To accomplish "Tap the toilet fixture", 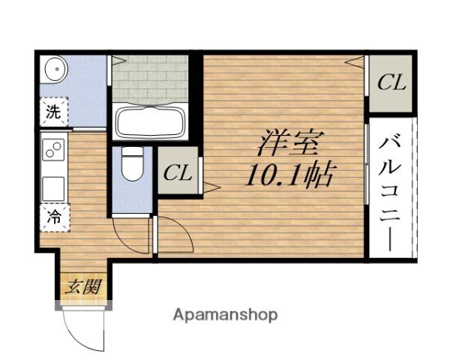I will pos(132,166).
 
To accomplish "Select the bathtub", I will pos(150,121).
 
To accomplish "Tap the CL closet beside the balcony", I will pos(391,82).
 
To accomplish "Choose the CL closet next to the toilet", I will pos(178,171).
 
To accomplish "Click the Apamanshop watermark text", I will pos(225,314).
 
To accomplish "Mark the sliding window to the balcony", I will pos(366,161).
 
